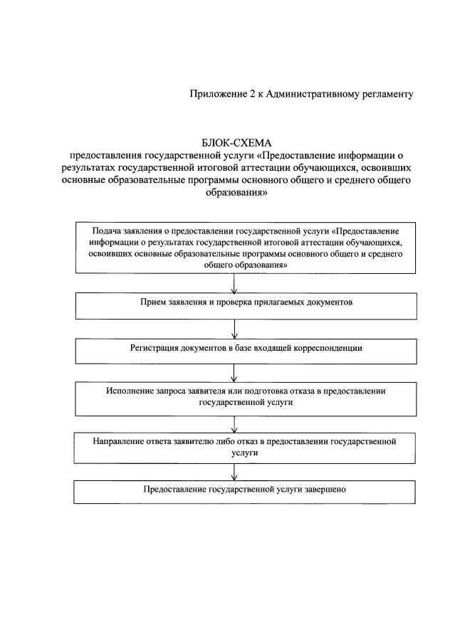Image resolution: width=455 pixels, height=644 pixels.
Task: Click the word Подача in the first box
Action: pos(107,231)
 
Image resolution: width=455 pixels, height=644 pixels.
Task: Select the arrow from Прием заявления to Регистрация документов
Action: pos(236,328)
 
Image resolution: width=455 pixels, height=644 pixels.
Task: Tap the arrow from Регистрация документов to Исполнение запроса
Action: pos(236,373)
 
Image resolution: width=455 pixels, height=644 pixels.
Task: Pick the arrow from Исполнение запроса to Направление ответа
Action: pos(236,423)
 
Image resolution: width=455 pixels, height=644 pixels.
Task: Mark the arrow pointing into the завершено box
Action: pos(236,472)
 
